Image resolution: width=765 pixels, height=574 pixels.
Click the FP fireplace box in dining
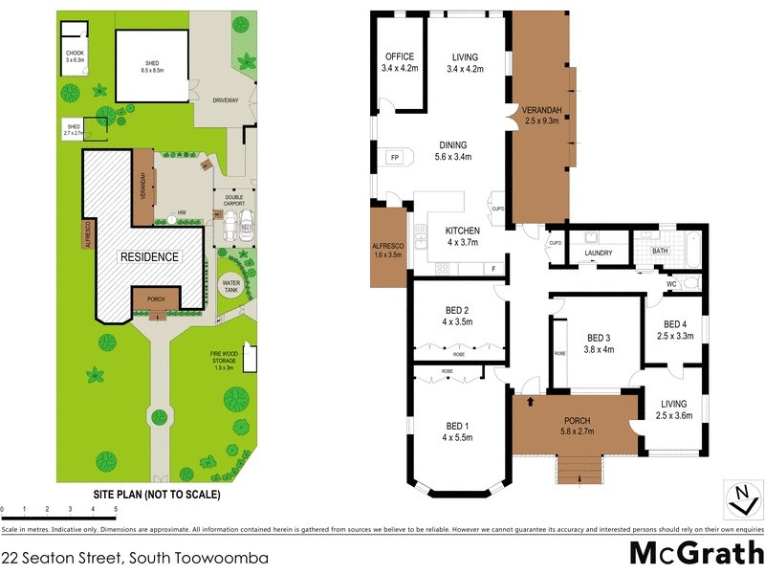point(393,157)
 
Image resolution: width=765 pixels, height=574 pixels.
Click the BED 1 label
point(457,430)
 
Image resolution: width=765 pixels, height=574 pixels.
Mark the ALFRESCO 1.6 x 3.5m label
point(389,250)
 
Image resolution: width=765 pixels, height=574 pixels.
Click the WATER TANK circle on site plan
point(231,284)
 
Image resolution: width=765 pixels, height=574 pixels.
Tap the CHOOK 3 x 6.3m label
point(75,55)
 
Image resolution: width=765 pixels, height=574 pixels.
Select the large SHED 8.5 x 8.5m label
point(153,66)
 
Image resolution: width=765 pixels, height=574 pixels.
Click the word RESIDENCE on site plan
point(149,256)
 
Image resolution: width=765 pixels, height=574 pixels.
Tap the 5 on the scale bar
point(116,509)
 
